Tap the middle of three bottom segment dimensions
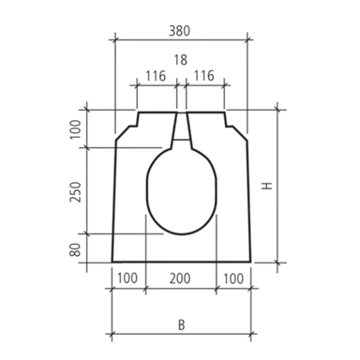pos(182,278)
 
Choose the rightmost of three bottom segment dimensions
pos(234,278)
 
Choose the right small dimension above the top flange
pos(207,73)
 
